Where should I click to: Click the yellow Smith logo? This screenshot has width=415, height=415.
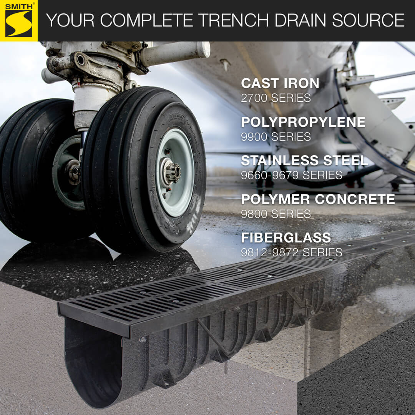click(19, 21)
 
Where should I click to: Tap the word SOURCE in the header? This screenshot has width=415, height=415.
click(368, 20)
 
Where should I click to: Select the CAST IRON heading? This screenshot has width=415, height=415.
click(280, 83)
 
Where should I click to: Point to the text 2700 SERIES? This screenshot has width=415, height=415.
click(276, 98)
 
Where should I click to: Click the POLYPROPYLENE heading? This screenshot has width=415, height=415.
click(303, 122)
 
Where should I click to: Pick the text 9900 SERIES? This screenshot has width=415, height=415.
click(276, 136)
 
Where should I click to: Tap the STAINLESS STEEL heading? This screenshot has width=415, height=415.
click(304, 160)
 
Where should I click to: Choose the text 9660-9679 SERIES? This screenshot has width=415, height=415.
click(291, 175)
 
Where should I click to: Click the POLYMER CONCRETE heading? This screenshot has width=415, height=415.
click(318, 199)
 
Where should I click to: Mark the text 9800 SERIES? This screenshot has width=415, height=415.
click(276, 214)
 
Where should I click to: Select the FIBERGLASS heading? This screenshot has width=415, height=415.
click(286, 238)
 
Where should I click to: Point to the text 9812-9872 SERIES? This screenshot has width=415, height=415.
click(291, 252)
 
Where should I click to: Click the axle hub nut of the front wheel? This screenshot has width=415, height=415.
click(172, 173)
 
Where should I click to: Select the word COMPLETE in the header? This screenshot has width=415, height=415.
click(146, 20)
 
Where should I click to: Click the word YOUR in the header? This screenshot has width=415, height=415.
click(70, 20)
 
